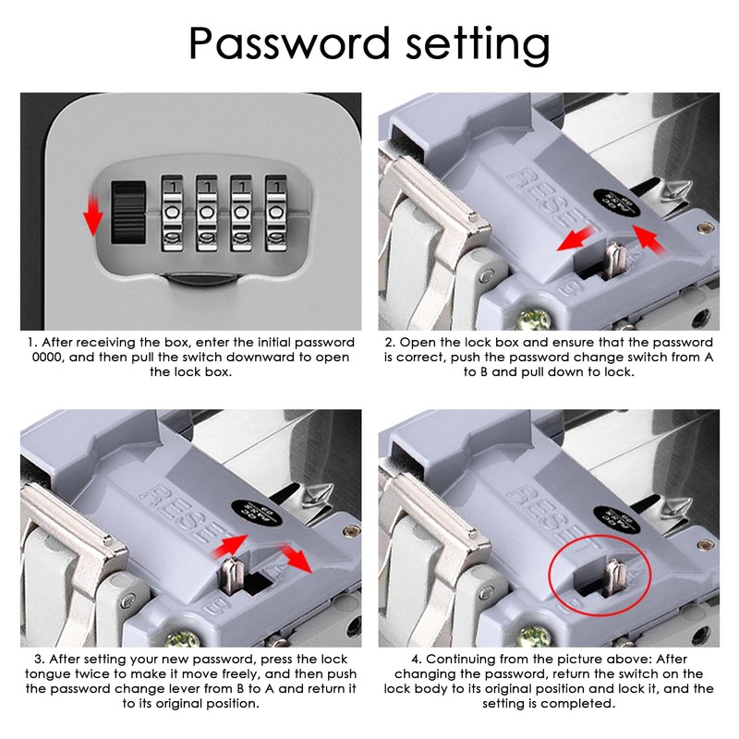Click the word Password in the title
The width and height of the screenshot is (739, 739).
(289, 42)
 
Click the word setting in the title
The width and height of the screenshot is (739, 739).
(478, 45)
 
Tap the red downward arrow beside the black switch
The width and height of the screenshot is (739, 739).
(93, 216)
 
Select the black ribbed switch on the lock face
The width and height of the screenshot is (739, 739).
(128, 212)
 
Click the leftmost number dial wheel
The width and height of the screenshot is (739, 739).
(172, 213)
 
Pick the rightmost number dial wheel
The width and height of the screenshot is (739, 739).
(275, 213)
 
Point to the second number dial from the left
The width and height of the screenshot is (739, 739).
(206, 213)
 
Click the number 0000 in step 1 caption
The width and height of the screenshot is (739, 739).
(48, 357)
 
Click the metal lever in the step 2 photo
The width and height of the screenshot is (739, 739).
(614, 260)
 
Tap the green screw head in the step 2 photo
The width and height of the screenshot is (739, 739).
(534, 319)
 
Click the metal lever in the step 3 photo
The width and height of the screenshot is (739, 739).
(232, 575)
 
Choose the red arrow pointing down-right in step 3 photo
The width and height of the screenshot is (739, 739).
(296, 559)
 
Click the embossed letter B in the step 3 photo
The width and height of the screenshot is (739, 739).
(215, 607)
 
